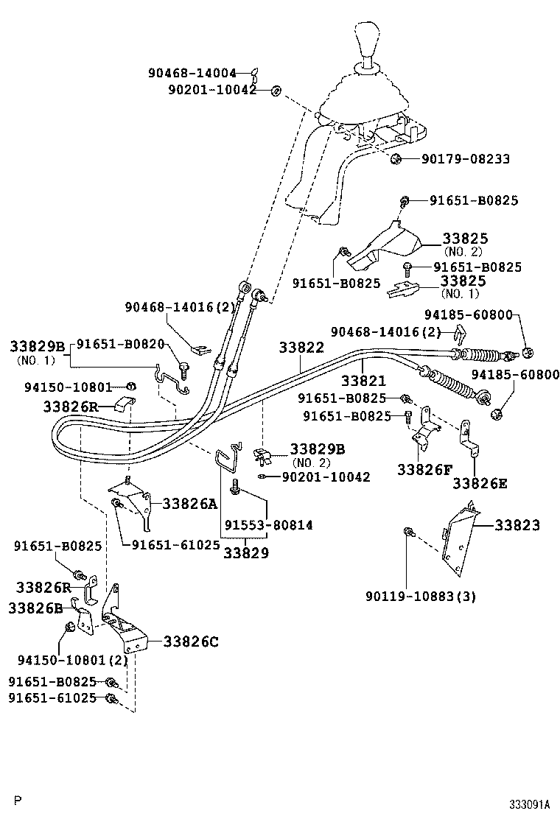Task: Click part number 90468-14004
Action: coord(192,73)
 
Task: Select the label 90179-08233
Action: coord(466,159)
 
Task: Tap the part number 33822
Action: coord(301,348)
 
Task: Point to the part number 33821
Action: coord(363,380)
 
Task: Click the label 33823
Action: coord(517,525)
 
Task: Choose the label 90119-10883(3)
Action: coord(421,596)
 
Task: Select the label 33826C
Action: coord(191,642)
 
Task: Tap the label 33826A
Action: coord(189,504)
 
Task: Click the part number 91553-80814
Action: coord(269,525)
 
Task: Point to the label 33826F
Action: coord(424,470)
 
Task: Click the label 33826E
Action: coord(480,483)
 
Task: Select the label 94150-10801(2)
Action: coord(73,660)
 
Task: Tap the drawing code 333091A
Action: coord(530,804)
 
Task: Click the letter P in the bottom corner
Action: coord(19,800)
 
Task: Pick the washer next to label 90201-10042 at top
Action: coord(275,91)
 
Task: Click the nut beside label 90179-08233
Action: coord(396,158)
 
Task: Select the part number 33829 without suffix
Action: coord(246,552)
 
